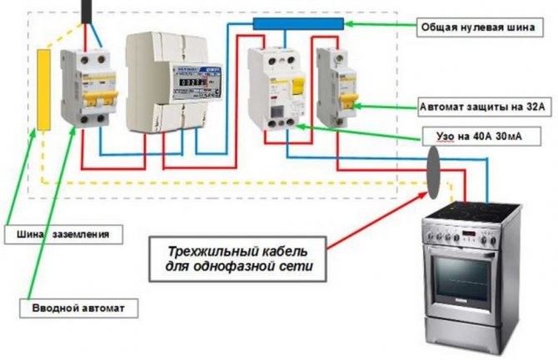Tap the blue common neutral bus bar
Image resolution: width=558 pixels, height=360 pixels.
tap(296, 24)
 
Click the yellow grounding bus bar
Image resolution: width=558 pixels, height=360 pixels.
tap(42, 88)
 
